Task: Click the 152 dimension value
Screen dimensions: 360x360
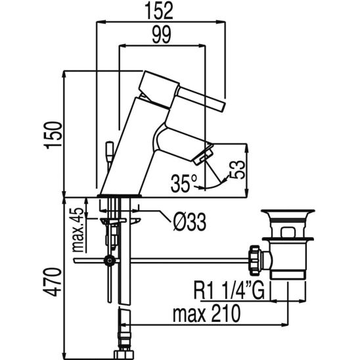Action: click(x=158, y=11)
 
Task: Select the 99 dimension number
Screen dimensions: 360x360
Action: click(x=162, y=35)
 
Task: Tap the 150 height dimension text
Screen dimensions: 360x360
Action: click(x=54, y=135)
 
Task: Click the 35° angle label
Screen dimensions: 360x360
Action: click(x=184, y=183)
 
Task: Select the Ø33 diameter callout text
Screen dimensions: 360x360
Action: click(x=190, y=222)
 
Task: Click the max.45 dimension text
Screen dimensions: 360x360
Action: click(x=78, y=230)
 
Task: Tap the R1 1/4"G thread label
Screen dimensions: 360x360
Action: click(x=229, y=290)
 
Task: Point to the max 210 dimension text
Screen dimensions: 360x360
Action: click(x=207, y=313)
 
